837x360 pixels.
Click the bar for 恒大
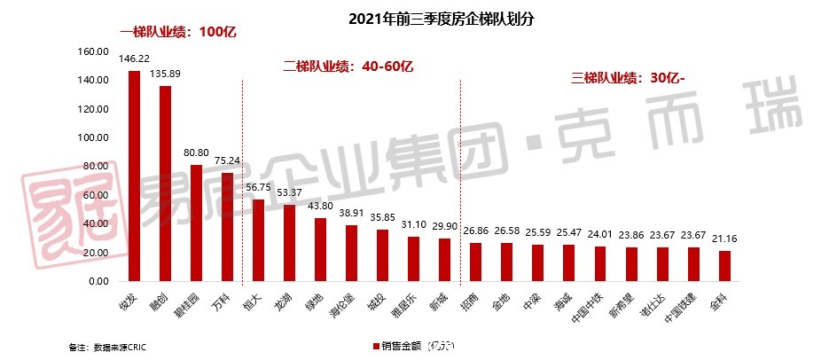pos(258,240)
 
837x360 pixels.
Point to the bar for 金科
pos(724,266)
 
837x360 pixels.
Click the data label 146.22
pos(134,59)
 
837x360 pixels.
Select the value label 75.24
pos(227,161)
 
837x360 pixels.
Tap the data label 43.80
pos(320,207)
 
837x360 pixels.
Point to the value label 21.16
pos(724,239)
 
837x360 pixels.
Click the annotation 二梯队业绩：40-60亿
pos(348,66)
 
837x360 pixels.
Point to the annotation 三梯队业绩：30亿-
pos(629,77)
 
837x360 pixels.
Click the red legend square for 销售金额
pos(376,345)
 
